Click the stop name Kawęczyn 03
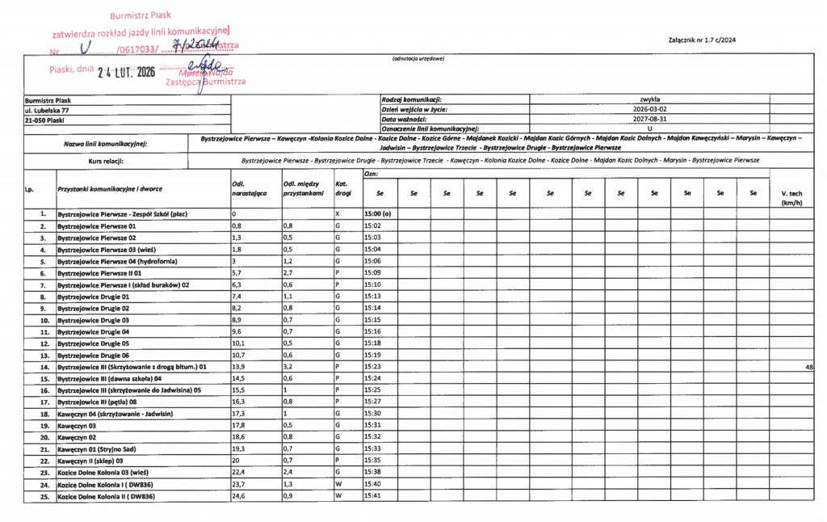click(77, 425)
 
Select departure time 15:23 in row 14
click(372, 367)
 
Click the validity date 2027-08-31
click(650, 119)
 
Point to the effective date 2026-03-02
click(650, 109)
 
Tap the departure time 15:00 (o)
click(377, 214)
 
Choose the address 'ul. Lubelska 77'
click(47, 109)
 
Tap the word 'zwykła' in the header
click(650, 99)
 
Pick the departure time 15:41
click(372, 495)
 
